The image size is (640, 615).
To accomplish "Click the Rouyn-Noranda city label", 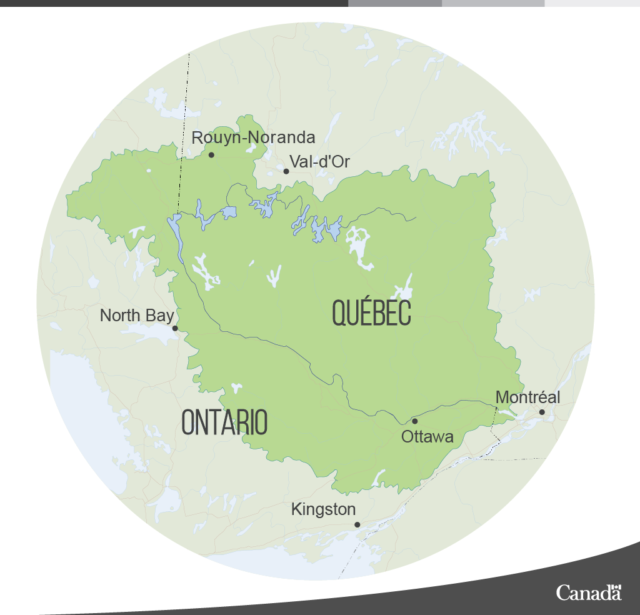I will pos(253,137).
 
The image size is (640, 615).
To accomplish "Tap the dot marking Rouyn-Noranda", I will pos(211,154).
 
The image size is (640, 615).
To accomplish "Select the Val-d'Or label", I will pos(319,162).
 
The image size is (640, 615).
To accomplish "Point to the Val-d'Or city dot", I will pos(286,171).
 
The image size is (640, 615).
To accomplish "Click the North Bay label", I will pos(136,316).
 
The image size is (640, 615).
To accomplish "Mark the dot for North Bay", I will pos(175,328).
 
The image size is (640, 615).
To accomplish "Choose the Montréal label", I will pos(527,397).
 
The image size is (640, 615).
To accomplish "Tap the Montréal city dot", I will pos(542,412).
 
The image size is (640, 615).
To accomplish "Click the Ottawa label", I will pos(427,437).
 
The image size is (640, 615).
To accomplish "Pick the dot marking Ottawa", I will pos(414,421).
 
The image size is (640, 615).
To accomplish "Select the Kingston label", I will pos(323,510).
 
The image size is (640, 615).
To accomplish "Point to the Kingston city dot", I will pos(357,524).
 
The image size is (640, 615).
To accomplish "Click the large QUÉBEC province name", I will pos(371,312).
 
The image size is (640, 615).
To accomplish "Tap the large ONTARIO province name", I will pos(224,423).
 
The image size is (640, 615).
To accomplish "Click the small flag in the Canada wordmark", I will pos(617,587).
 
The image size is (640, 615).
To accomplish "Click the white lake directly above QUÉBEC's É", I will pos(403,289).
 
